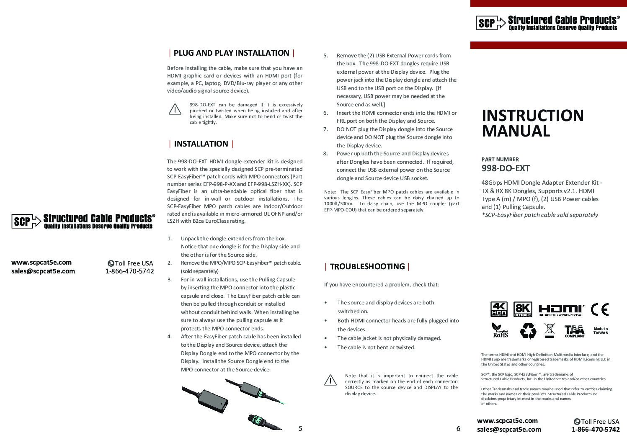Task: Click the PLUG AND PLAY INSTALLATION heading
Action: coord(231,53)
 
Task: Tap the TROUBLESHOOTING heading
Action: coord(367,267)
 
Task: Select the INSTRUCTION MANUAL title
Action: coord(532,123)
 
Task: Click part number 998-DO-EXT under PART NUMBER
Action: coord(506,168)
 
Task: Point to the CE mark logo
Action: coord(599,310)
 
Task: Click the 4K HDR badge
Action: coord(498,309)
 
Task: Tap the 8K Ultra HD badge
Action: coord(523,309)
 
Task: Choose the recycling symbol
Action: coord(528,330)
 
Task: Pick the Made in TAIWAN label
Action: coord(601,331)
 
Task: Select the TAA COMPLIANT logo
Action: coord(574,331)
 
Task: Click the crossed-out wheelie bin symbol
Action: coord(550,330)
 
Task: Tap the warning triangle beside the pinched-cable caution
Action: coord(175,109)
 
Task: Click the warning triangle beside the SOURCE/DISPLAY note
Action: coord(330,380)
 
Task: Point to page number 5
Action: coord(300,428)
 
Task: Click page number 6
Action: coord(458,428)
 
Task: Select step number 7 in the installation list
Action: coord(325,129)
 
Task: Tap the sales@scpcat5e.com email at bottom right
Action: coord(509,429)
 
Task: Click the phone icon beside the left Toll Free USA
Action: coord(111,263)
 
